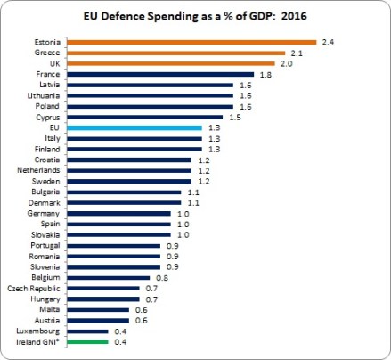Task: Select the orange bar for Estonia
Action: pyautogui.click(x=191, y=42)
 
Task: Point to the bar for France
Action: pyautogui.click(x=160, y=74)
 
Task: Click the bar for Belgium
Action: pyautogui.click(x=108, y=277)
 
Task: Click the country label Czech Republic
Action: pyautogui.click(x=36, y=288)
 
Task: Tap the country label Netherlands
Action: pyautogui.click(x=40, y=170)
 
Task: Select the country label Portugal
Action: pyautogui.click(x=45, y=245)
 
